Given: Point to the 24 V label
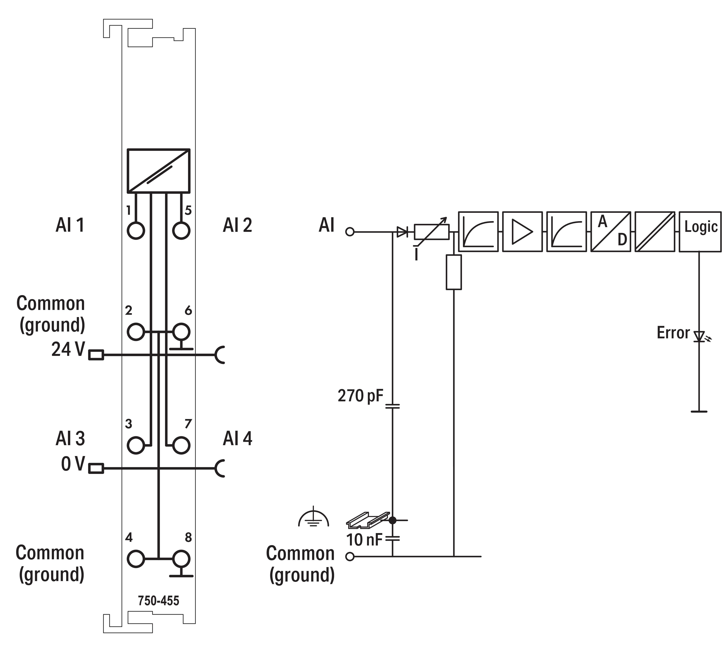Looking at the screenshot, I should tap(68, 349).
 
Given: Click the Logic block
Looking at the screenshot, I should tap(700, 231).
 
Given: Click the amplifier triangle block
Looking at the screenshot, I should tap(522, 231).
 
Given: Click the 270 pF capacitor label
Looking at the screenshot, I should tap(360, 396).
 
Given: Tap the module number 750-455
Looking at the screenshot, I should tap(158, 601).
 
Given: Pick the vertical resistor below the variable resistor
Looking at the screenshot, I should tap(454, 272).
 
